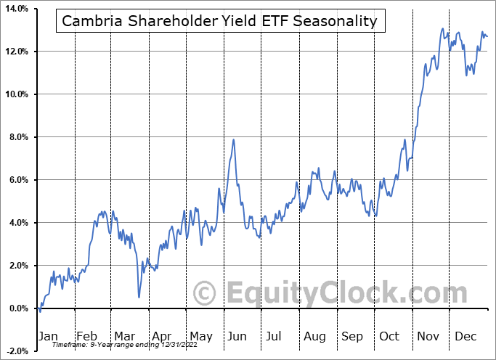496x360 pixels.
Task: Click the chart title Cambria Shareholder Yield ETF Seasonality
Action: (x=219, y=21)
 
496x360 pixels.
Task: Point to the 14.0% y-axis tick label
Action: (x=15, y=9)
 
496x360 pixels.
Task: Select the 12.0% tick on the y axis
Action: (x=15, y=52)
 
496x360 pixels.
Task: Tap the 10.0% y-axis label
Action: (x=15, y=94)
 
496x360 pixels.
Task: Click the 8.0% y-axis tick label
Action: (x=17, y=137)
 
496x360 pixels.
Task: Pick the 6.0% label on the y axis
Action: (x=17, y=180)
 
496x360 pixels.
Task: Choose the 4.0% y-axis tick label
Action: (x=17, y=223)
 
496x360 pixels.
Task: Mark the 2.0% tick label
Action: (x=17, y=266)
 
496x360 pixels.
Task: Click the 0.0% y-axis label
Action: (x=17, y=308)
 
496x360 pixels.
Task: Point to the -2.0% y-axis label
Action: (x=15, y=351)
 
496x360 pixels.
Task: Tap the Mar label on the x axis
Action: (x=125, y=337)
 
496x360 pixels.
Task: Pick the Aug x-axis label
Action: (x=314, y=337)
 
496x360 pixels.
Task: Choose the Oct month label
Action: (x=390, y=337)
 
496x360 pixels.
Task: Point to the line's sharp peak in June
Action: (x=233, y=139)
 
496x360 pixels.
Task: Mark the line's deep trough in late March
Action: (x=139, y=296)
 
